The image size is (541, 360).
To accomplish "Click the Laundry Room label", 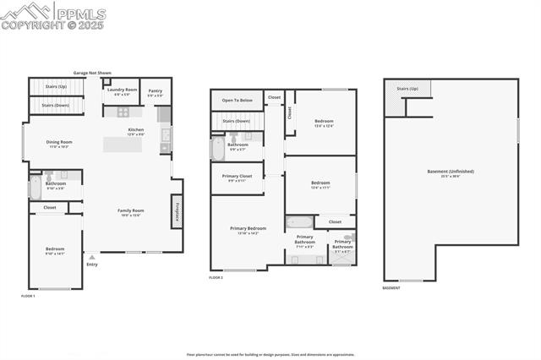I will tap(122, 90).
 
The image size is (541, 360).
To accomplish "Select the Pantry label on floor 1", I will tap(156, 91).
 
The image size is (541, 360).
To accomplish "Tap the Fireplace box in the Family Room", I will tap(177, 211).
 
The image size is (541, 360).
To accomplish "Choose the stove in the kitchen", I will tap(123, 112).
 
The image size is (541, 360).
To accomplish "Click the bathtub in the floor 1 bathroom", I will tap(35, 187).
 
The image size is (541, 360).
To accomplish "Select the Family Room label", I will tap(130, 211).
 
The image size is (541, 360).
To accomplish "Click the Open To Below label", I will tap(237, 100).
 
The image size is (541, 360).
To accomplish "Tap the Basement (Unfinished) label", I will tap(450, 172).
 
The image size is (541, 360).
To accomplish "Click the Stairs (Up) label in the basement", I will tap(407, 88).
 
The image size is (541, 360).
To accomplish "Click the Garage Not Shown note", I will tap(92, 74).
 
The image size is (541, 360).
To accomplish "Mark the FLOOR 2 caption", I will tap(216, 277).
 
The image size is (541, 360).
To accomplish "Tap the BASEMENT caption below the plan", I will tap(391, 287).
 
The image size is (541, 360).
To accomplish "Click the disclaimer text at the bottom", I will tap(270, 355).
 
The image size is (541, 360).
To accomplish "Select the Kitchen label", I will tap(136, 131).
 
